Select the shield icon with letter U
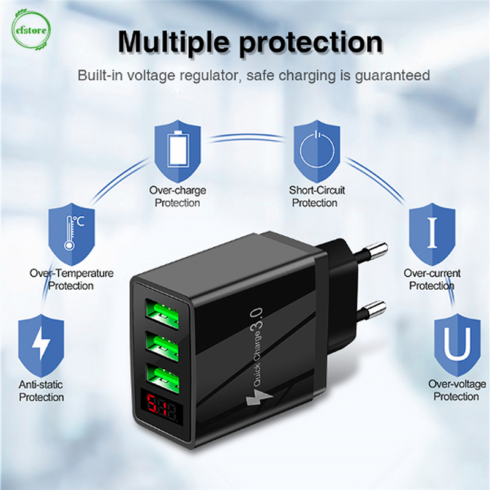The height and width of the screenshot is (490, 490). point(457,345)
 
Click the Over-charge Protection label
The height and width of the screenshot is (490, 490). point(178,197)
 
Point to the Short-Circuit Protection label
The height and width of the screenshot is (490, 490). point(317,197)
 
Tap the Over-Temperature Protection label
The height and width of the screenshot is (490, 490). point(72,279)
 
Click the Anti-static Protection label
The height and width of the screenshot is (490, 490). point(41,391)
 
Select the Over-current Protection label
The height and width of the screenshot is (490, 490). point(432,279)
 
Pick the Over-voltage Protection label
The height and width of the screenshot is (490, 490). point(457,390)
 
